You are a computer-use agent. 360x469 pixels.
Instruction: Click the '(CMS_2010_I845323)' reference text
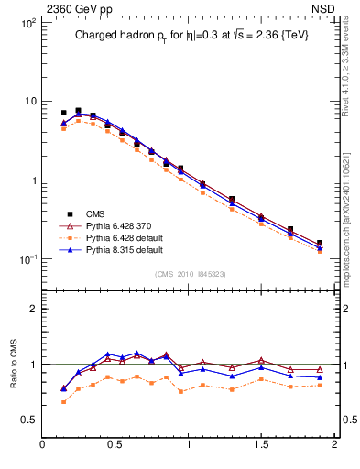[189, 274]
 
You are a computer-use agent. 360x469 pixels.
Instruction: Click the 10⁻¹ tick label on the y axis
[27, 259]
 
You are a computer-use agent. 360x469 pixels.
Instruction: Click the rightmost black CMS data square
[320, 244]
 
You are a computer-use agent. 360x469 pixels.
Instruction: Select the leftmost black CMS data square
[64, 113]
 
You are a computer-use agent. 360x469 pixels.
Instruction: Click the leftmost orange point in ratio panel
[64, 402]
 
